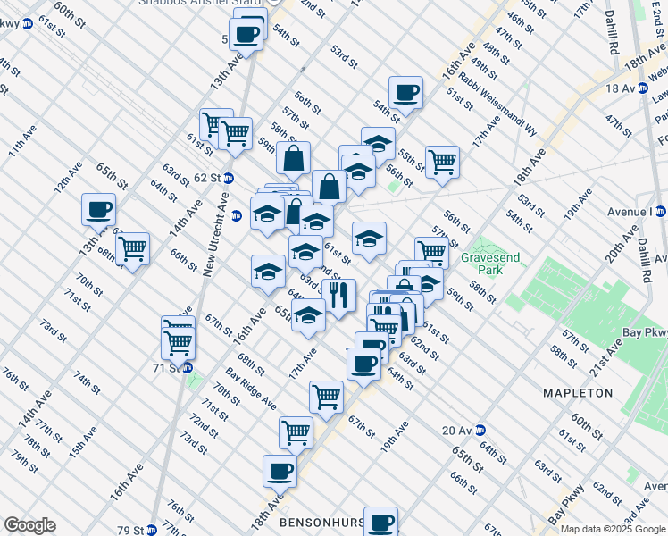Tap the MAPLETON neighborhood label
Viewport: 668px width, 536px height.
578,393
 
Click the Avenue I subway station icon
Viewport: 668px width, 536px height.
660,212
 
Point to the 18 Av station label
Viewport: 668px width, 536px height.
618,88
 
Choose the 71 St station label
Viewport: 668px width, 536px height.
167,367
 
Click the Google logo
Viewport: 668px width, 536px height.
30,525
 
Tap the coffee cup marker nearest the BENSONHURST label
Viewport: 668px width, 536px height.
381,521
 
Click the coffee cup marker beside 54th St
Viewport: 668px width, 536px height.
406,92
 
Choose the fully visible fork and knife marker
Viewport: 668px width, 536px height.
338,294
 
